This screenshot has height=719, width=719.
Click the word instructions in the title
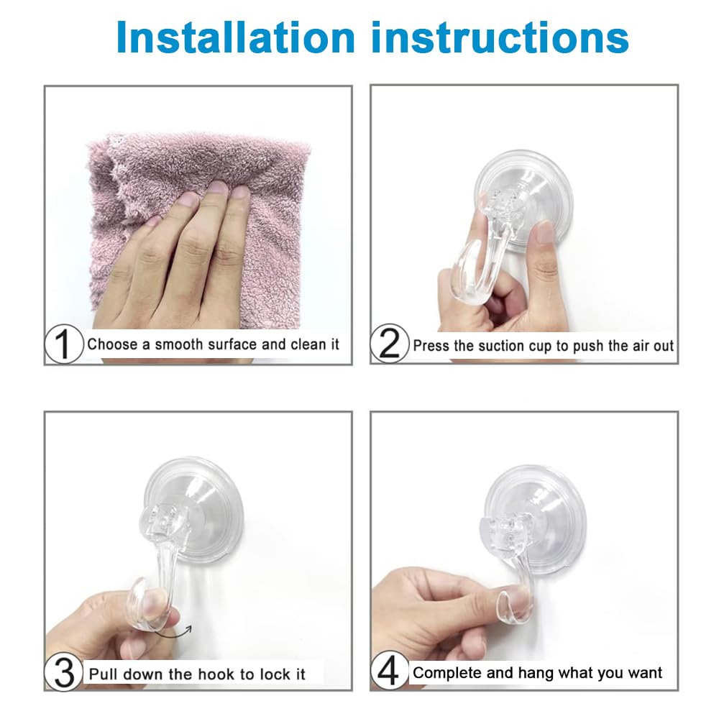coord(496,37)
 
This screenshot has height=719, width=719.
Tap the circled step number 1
coord(64,344)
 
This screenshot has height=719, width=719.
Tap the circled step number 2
coord(389,344)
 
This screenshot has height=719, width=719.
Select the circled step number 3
coord(64,674)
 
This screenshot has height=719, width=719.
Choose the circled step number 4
coord(389,674)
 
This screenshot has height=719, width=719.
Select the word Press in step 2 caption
coord(431,346)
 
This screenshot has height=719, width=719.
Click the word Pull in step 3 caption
coord(104,674)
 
